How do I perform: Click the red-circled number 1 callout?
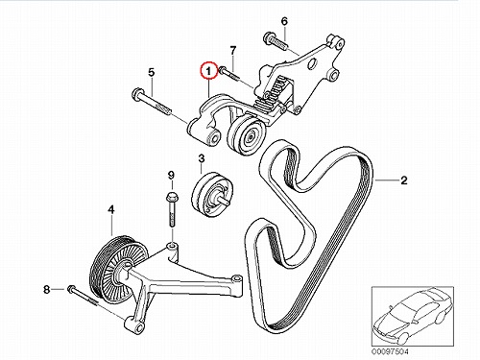tap(208, 71)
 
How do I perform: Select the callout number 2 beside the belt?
tap(404, 180)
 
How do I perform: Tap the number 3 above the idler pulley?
tap(202, 158)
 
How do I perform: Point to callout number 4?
tap(111, 210)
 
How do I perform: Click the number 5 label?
tap(152, 72)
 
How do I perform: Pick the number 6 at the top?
tap(284, 21)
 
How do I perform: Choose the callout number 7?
tap(233, 50)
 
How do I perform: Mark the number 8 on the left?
tap(47, 290)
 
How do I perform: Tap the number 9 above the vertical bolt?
tap(171, 175)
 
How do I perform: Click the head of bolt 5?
tap(137, 94)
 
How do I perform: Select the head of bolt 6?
tap(268, 37)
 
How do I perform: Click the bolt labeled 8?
tap(83, 296)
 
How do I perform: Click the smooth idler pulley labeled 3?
tap(212, 195)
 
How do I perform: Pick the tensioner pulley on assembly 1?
tap(246, 134)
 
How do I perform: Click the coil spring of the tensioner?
tap(272, 94)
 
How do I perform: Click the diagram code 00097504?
tap(390, 351)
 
